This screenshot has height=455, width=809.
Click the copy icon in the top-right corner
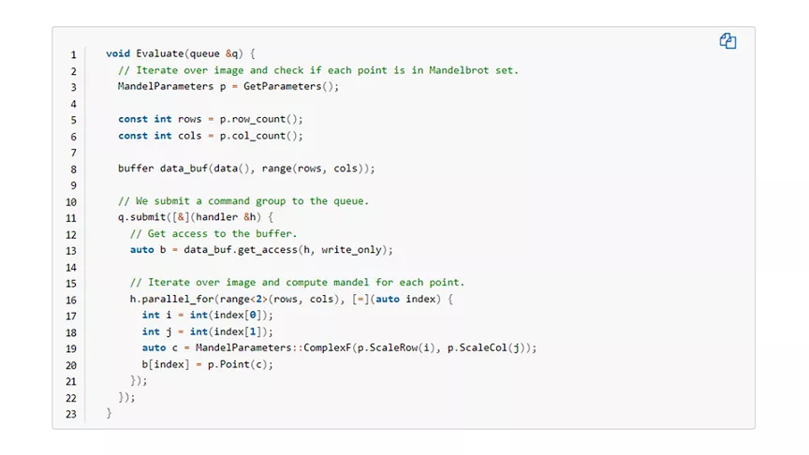click(728, 41)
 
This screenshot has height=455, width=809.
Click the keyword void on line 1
click(118, 53)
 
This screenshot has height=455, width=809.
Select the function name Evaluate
click(160, 53)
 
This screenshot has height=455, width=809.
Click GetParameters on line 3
click(282, 86)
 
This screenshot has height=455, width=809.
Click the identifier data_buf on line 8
click(184, 169)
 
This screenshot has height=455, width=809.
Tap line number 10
click(71, 202)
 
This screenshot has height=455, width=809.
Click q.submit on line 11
click(142, 217)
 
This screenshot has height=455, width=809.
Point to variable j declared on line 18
click(169, 331)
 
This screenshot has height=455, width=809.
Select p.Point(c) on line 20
click(238, 364)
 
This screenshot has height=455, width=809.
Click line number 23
click(71, 414)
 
